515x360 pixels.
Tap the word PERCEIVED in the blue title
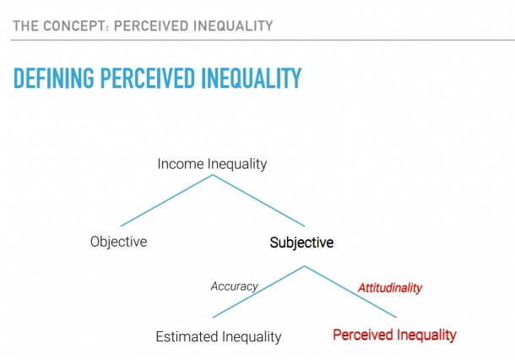tap(148, 78)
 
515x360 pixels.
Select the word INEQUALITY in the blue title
tap(252, 78)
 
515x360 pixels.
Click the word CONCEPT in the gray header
tap(75, 26)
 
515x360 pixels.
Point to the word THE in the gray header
tap(25, 26)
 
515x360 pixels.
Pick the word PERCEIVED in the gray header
tap(151, 26)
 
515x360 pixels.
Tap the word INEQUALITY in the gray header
tap(233, 26)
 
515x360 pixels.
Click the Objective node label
tap(118, 242)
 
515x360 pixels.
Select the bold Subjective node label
tap(301, 243)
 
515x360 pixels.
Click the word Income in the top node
tap(181, 164)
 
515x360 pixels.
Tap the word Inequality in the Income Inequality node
tap(237, 164)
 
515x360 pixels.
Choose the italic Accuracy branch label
tap(234, 286)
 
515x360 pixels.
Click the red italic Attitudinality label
tap(390, 287)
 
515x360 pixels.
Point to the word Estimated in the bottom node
tap(187, 336)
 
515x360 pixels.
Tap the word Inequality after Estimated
tap(252, 337)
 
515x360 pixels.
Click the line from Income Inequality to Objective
tap(167, 200)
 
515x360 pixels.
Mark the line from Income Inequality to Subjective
tap(258, 200)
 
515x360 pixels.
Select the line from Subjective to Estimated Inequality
tap(258, 292)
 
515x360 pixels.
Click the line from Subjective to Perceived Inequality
tap(350, 292)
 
